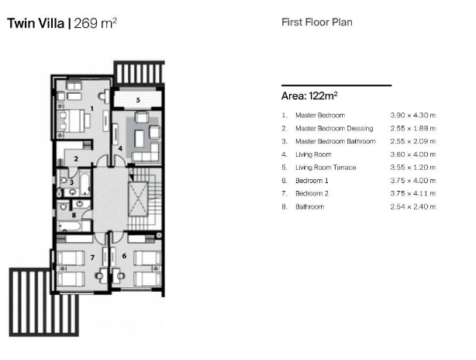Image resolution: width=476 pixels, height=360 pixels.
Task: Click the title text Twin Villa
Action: click(36, 23)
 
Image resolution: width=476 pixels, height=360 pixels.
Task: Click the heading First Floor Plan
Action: click(316, 22)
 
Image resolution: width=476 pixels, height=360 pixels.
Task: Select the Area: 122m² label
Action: click(309, 96)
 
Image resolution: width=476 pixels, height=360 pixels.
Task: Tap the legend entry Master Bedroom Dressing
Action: click(334, 128)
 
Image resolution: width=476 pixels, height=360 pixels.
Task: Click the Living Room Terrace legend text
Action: click(326, 168)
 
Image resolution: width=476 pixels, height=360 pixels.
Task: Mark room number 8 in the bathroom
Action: click(74, 215)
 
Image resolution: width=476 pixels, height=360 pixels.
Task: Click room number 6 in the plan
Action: click(124, 255)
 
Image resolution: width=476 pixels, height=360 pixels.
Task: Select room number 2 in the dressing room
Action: click(75, 159)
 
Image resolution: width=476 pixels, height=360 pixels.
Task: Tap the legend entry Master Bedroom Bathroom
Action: click(336, 141)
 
